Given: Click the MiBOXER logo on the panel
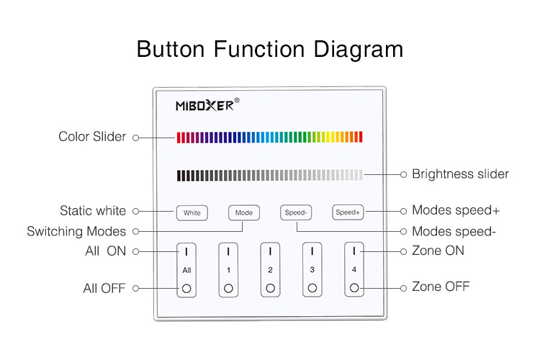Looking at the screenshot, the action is pyautogui.click(x=207, y=104).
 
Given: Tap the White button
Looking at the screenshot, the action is pyautogui.click(x=192, y=212).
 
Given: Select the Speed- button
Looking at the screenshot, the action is pyautogui.click(x=296, y=212).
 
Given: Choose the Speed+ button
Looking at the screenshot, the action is pyautogui.click(x=348, y=212).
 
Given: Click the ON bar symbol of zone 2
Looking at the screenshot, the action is pyautogui.click(x=270, y=251).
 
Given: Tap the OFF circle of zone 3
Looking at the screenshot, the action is pyautogui.click(x=312, y=288).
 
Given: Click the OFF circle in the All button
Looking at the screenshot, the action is pyautogui.click(x=186, y=288).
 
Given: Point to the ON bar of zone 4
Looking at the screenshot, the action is pyautogui.click(x=354, y=251).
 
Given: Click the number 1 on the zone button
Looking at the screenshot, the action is pyautogui.click(x=228, y=270).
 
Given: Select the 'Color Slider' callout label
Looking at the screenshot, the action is pyautogui.click(x=92, y=136).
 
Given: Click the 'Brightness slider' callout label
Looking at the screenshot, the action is pyautogui.click(x=461, y=174).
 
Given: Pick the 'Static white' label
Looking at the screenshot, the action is pyautogui.click(x=93, y=210).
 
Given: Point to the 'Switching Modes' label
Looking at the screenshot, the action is pyautogui.click(x=76, y=232).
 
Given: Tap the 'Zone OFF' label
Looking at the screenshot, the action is pyautogui.click(x=441, y=287).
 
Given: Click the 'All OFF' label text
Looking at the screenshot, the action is pyautogui.click(x=104, y=288).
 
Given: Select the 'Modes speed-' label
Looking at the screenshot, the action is pyautogui.click(x=454, y=231).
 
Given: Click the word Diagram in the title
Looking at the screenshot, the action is pyautogui.click(x=358, y=49).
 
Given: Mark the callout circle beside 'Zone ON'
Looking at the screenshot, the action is pyautogui.click(x=404, y=251).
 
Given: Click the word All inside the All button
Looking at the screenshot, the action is pyautogui.click(x=186, y=271).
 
